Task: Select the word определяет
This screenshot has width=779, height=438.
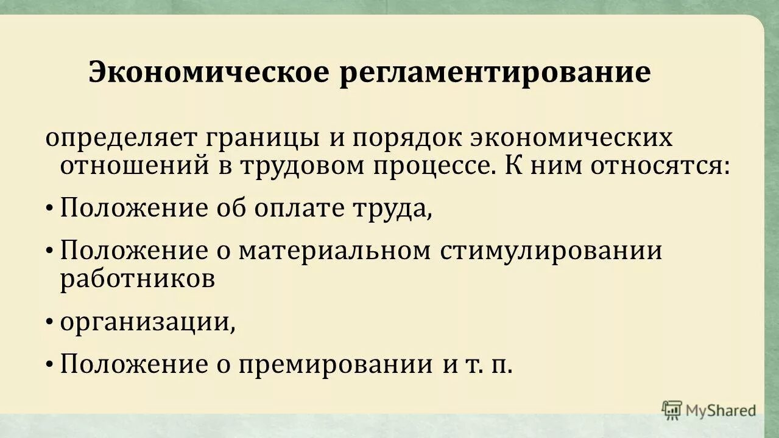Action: [121, 138]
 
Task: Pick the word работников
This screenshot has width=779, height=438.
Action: [137, 279]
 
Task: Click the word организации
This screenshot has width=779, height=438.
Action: [147, 322]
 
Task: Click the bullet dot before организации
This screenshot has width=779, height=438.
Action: [49, 323]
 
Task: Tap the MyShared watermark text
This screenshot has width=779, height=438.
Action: [721, 411]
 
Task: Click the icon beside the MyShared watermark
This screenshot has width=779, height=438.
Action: [672, 410]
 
